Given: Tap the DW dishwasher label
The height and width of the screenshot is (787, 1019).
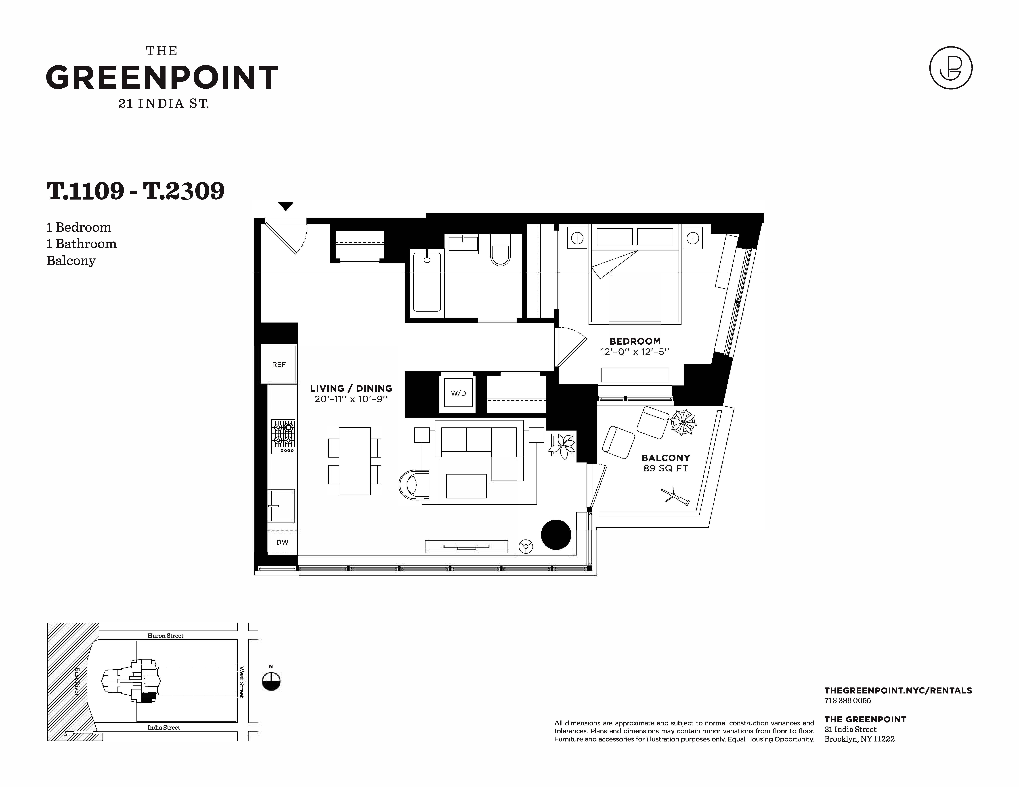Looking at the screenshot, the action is [x=282, y=542].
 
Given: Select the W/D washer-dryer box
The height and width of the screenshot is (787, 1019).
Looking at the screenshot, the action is [x=458, y=393].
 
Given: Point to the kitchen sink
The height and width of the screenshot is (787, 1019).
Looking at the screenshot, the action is [x=281, y=506].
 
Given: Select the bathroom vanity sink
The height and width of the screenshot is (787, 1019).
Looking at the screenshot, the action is [x=463, y=243].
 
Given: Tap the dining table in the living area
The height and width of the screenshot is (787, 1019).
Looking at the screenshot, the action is [x=355, y=461].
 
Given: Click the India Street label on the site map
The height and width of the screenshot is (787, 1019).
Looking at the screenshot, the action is [x=164, y=727].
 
